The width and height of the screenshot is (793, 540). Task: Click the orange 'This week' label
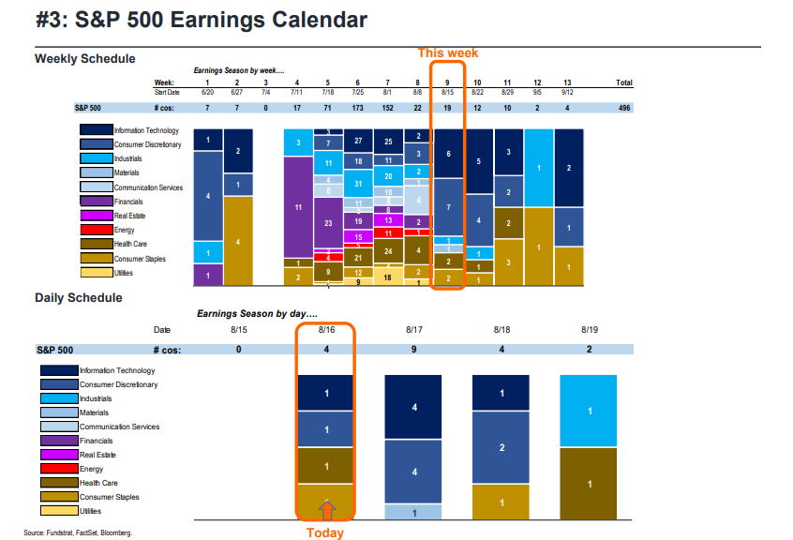(448, 53)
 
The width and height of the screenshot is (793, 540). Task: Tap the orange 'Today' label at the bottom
(326, 532)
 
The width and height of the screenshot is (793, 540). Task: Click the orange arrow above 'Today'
(326, 510)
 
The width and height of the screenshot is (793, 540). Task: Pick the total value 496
(623, 108)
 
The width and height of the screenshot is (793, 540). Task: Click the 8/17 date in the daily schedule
(415, 330)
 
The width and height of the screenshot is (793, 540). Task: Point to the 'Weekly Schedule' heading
(85, 58)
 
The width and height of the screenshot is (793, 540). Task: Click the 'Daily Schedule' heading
(79, 297)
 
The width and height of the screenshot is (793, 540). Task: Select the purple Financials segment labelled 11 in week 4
(297, 207)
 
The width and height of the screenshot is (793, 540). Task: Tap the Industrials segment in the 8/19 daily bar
(589, 411)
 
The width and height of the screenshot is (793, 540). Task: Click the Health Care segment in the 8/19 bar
(589, 484)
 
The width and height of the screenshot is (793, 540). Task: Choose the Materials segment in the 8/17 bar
(414, 513)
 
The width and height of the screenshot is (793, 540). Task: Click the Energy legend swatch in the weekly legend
(96, 230)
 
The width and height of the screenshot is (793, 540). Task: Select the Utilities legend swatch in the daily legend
(58, 511)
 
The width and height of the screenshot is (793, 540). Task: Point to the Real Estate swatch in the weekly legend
(96, 216)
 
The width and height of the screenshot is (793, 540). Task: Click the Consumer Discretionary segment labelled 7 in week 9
(448, 206)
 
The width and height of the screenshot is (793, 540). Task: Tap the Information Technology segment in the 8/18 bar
(501, 394)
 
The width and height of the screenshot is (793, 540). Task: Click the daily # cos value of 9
(415, 349)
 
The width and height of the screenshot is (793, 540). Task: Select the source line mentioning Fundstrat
(78, 532)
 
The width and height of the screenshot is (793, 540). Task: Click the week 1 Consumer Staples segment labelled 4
(238, 241)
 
